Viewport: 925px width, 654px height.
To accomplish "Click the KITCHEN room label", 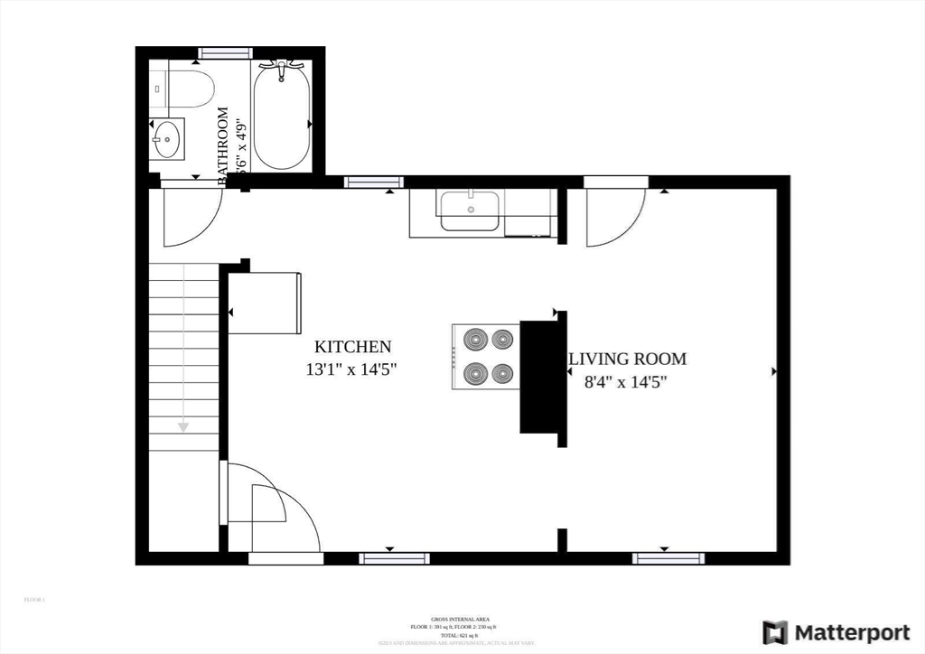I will tap(352, 347).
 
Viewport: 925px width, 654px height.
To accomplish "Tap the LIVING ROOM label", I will tap(627, 359).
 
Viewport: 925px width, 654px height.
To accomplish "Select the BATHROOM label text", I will tap(222, 145).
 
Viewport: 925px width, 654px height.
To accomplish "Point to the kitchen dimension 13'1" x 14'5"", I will tap(352, 369).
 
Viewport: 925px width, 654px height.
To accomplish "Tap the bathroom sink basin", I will tap(167, 138).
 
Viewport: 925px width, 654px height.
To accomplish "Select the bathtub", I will tap(281, 116).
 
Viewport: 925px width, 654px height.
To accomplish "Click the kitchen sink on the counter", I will tap(470, 210).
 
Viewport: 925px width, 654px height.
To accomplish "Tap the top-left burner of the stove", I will tap(476, 340).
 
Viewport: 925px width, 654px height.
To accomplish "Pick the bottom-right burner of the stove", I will tap(502, 372).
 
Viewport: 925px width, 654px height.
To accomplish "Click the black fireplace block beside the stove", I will tap(538, 377).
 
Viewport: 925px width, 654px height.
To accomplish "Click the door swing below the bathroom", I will tap(191, 218).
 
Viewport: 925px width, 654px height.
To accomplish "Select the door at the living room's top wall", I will tap(613, 217).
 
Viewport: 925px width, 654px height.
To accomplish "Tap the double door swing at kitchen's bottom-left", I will tap(271, 510).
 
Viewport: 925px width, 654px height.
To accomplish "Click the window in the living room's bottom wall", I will tap(668, 558).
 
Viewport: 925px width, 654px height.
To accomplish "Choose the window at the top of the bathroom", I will tap(225, 52).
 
